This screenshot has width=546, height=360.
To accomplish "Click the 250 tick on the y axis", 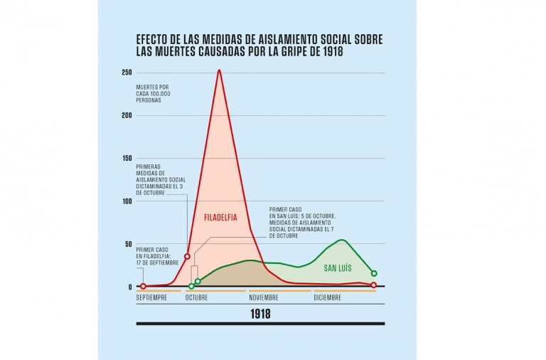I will coord(127,73).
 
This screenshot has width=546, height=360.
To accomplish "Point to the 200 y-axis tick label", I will coord(127,115).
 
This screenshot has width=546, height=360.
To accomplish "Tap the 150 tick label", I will coord(127,158).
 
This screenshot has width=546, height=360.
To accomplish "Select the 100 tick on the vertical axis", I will coord(127,201).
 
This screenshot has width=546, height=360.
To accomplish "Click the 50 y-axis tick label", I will coord(129,243).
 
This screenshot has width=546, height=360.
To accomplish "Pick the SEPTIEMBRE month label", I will coord(151,298).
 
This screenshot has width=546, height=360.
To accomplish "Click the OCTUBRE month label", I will coord(196,298).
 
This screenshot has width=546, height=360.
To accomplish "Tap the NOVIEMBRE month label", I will coord(264,298).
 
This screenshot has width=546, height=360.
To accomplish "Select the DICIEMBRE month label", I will coord(328,298).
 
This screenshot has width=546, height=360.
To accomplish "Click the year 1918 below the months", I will coord(260,314).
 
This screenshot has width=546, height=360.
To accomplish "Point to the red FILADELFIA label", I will coord(220,217).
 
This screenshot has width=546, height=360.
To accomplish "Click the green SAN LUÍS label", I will coord(338,268).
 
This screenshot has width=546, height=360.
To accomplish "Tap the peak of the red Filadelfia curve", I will coord(219,70).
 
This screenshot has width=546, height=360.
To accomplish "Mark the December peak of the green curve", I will coord(342,240).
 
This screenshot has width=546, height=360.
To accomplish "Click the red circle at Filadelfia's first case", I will coord(143,286).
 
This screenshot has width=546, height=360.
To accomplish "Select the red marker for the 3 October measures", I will coord(187,256).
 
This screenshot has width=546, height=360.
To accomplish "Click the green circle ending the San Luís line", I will coord(374,273).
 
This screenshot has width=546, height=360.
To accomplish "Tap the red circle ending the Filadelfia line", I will coord(374,285).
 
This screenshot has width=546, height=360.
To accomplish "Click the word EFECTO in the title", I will coord(153,40).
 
